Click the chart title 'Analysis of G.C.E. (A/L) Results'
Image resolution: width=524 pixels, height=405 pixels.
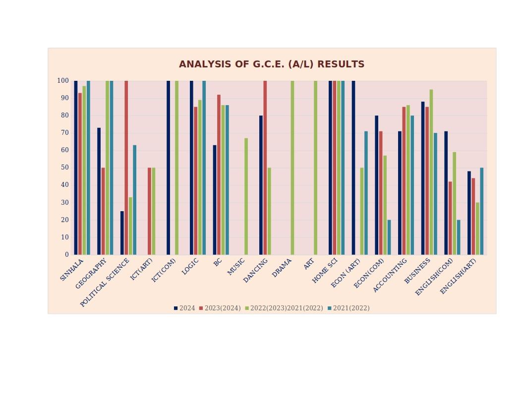click(x=272, y=64)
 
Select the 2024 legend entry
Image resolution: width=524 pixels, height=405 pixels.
click(x=184, y=308)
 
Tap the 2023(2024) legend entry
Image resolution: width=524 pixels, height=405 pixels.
click(x=220, y=308)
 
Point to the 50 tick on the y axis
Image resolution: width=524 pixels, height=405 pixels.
click(x=63, y=168)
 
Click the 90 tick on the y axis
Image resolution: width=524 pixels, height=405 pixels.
click(x=63, y=98)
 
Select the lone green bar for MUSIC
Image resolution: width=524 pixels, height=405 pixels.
click(x=246, y=196)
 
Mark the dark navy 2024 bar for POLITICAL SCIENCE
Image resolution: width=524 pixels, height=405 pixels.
click(x=122, y=233)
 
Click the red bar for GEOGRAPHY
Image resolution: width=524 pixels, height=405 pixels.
click(x=103, y=211)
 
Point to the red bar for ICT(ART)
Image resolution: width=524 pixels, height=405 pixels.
click(x=149, y=211)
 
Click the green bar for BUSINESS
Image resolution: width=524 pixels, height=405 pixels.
click(x=431, y=172)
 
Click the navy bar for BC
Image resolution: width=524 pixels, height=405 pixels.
click(x=215, y=200)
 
